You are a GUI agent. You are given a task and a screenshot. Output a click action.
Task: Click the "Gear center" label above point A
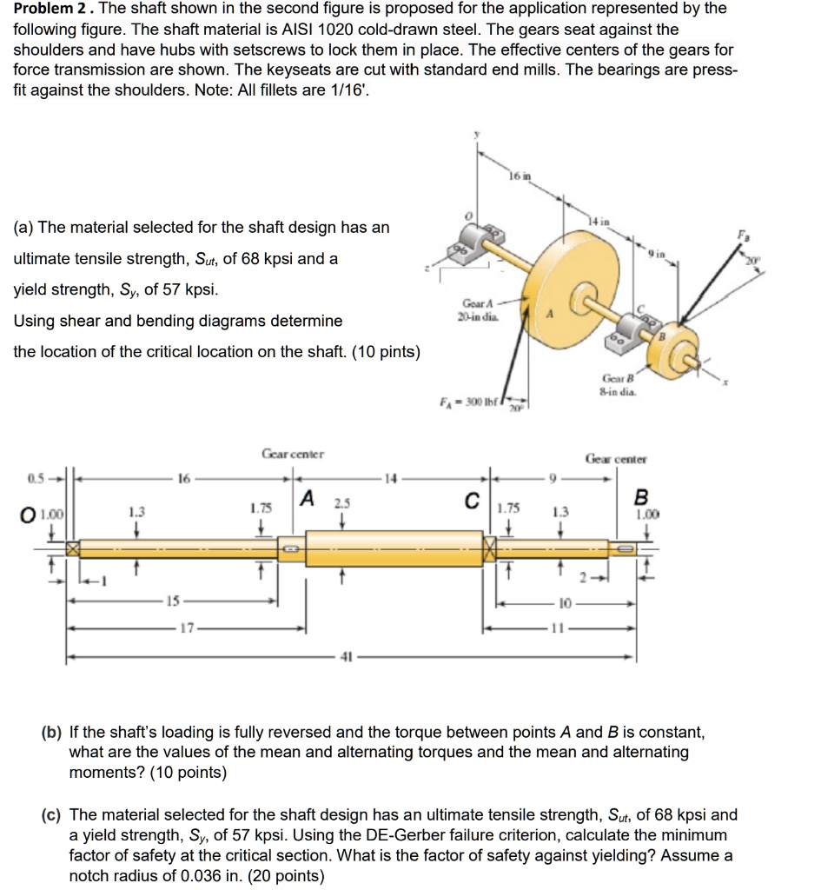293,454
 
